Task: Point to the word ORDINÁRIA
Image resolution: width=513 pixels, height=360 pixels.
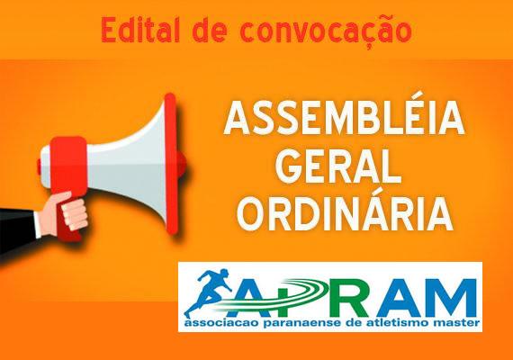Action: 346,214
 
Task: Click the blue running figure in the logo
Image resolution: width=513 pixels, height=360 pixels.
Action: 209,292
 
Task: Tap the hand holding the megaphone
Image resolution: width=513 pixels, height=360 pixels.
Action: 67,211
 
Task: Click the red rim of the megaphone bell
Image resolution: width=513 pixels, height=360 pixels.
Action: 171,164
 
